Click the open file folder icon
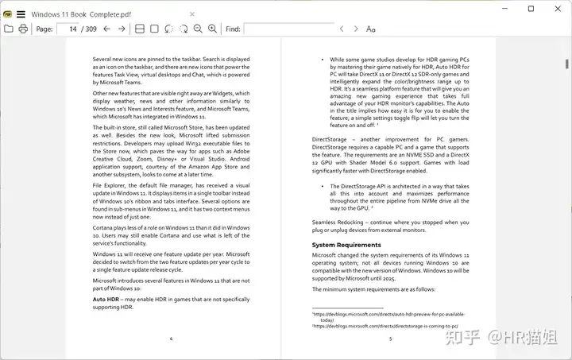(x=9, y=29)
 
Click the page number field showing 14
(x=69, y=29)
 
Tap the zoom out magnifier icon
(x=198, y=29)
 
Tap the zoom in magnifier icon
(x=212, y=29)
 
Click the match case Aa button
(x=371, y=29)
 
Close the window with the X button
(x=555, y=9)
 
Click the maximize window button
(x=531, y=9)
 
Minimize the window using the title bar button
(x=506, y=9)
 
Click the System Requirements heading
(x=346, y=245)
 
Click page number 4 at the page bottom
(x=171, y=339)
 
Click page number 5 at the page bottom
(x=390, y=339)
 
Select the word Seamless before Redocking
(x=327, y=222)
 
